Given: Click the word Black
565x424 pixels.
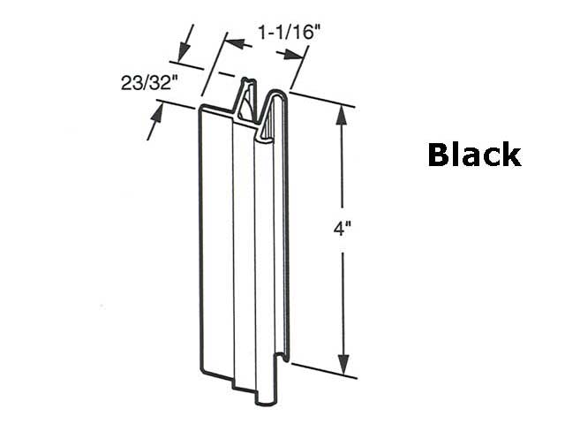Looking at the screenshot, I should coord(474,155).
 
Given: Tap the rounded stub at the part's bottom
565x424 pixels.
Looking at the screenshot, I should coord(262,401).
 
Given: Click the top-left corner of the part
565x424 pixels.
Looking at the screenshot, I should coord(200,109).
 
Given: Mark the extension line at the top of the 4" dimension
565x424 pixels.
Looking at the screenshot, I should coord(323,99).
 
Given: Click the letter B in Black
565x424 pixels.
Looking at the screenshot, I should coord(439,155).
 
